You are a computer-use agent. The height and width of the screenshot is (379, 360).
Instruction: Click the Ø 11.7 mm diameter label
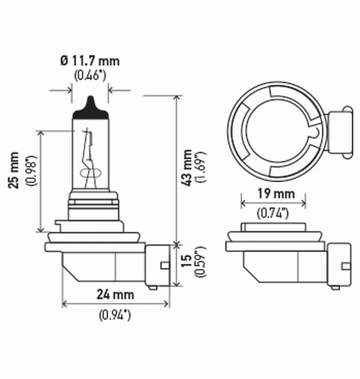click(x=90, y=61)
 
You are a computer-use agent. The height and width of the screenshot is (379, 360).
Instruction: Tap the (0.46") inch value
click(x=90, y=75)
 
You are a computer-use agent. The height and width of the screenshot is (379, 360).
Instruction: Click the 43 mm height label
click(x=187, y=167)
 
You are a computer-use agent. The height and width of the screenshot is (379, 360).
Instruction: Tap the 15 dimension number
click(x=187, y=262)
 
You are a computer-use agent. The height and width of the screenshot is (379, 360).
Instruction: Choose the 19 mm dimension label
click(x=273, y=193)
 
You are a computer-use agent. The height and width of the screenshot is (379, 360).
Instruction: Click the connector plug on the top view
click(x=340, y=131)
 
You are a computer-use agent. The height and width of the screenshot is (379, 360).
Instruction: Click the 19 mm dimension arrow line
click(x=273, y=203)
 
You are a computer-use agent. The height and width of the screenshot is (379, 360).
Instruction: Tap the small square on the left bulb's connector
click(x=164, y=265)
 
